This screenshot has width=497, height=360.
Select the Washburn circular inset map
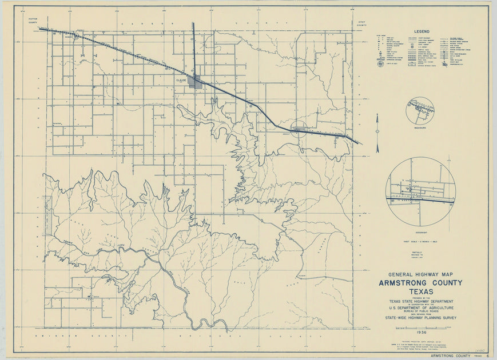420,110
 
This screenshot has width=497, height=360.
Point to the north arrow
377,133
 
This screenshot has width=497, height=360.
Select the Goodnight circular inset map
420,191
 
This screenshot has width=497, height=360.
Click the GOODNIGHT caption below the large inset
420,230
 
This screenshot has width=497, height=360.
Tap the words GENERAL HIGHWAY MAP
420,274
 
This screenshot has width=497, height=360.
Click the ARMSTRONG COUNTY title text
420,283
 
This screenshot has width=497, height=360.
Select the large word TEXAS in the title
420,292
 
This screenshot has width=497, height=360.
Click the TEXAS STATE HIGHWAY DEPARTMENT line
420,301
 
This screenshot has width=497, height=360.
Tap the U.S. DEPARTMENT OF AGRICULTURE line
420,307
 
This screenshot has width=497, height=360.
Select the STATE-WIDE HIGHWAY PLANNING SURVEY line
420,318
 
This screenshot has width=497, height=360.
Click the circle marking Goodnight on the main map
299,129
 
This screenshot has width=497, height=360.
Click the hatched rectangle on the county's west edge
47,216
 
